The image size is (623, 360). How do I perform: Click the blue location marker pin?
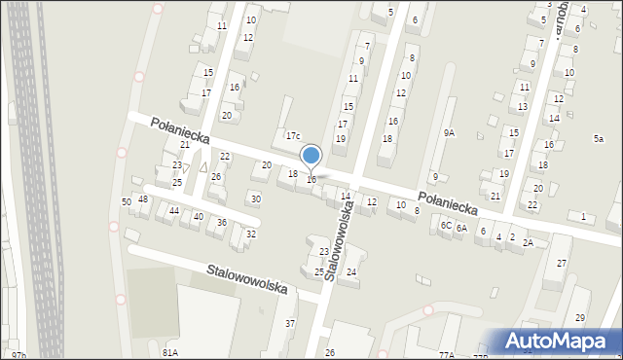pyautogui.click(x=311, y=156)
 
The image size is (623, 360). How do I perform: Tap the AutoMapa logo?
pyautogui.click(x=560, y=341)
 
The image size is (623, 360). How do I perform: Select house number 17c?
pyautogui.click(x=293, y=135)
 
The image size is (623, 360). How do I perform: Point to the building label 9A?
pyautogui.click(x=449, y=132)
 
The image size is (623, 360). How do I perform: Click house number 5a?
pyautogui.click(x=599, y=139)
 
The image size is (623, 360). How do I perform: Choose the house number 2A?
pyautogui.click(x=528, y=242)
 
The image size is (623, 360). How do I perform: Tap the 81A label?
pyautogui.click(x=170, y=352)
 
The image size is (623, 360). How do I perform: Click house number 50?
pyautogui.click(x=127, y=201)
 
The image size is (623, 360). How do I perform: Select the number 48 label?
pyautogui.click(x=143, y=199)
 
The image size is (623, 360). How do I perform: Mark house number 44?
pyautogui.click(x=173, y=210)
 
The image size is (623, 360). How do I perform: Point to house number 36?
pyautogui.click(x=222, y=223)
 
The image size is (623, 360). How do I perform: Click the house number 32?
pyautogui.click(x=251, y=234)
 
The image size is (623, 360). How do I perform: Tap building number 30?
pyautogui.click(x=256, y=199)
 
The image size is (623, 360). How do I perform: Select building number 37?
pyautogui.click(x=289, y=323)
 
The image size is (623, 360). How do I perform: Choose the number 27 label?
pyautogui.click(x=562, y=264)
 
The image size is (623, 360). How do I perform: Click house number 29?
pyautogui.click(x=580, y=319)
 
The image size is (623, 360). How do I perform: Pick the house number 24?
pyautogui.click(x=351, y=271)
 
